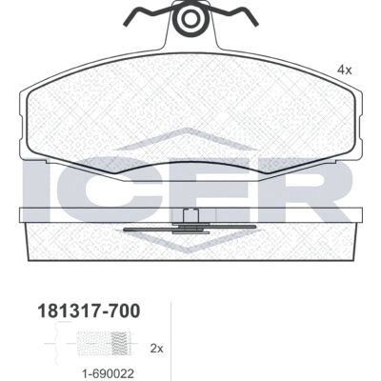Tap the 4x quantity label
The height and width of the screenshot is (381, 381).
344,70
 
